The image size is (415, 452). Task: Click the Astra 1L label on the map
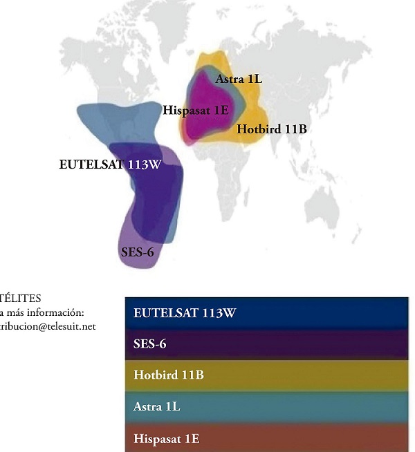[x=239, y=79]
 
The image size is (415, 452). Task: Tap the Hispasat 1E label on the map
[x=196, y=110]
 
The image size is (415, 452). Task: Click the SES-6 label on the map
[x=137, y=252]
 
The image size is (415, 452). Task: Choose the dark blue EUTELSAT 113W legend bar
[x=267, y=313]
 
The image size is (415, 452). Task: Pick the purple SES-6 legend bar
[x=267, y=343]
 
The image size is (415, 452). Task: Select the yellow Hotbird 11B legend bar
[x=267, y=375]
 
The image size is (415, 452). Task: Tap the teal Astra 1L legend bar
[x=267, y=406]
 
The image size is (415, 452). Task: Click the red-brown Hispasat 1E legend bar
[x=267, y=438]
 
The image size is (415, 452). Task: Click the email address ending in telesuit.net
[x=48, y=327]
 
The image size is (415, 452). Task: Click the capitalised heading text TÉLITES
[x=21, y=299]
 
